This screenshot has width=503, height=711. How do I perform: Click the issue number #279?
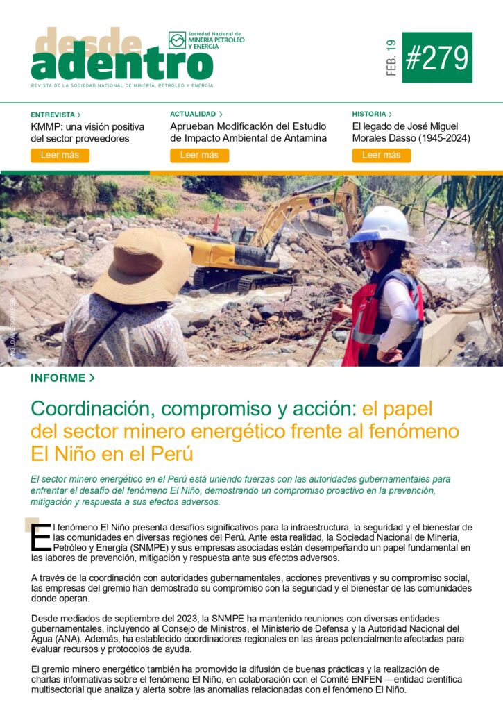[437, 58]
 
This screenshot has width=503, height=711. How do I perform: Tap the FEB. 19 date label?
[391, 58]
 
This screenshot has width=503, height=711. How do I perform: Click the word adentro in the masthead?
[121, 65]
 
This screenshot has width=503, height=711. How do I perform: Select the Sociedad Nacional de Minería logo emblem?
[178, 40]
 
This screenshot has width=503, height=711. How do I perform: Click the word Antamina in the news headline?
[300, 138]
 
